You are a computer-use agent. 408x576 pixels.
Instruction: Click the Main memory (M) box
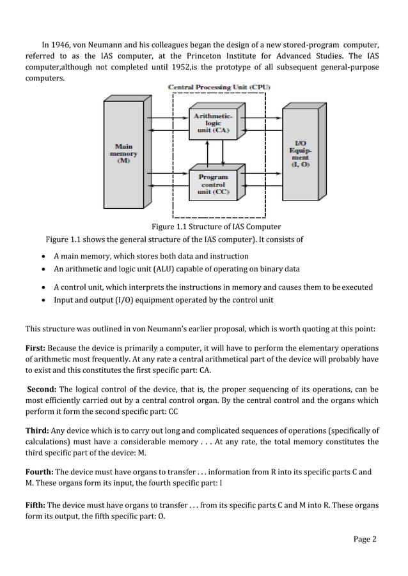click(123, 154)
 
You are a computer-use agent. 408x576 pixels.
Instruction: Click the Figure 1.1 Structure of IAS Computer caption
click(216, 227)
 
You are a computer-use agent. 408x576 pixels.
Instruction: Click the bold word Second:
click(42, 389)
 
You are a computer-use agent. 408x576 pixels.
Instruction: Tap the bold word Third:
click(37, 430)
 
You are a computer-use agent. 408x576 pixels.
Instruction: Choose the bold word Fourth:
click(40, 472)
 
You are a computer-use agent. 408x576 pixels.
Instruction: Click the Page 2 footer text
click(365, 539)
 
